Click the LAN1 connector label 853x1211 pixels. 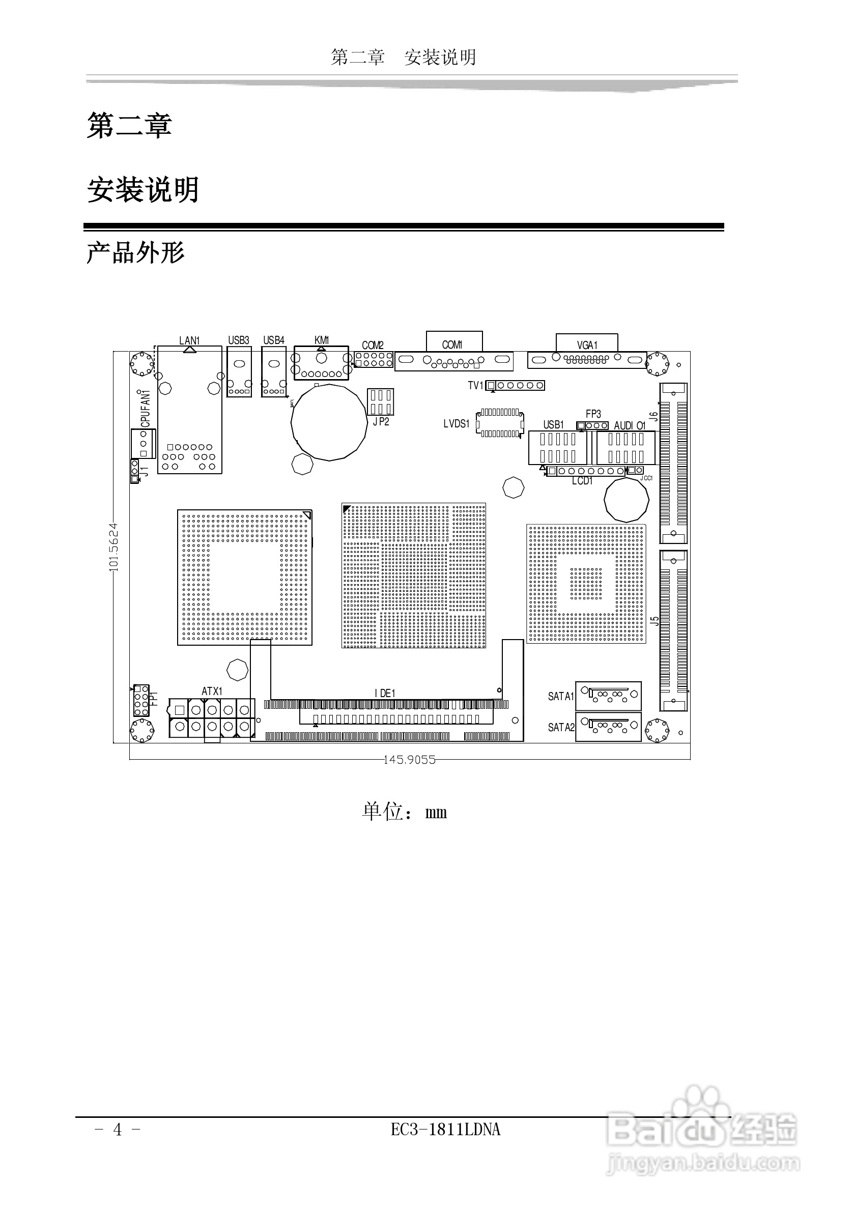coord(189,341)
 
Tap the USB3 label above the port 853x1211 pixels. coord(238,340)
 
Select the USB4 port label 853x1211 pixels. coord(274,340)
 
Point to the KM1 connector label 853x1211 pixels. coord(321,340)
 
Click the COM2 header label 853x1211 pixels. coord(373,345)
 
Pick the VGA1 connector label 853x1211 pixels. coord(587,345)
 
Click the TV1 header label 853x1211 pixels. coord(475,386)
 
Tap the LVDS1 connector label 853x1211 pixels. coord(457,423)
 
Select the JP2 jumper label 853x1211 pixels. coord(380,421)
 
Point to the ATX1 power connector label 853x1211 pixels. coord(212,691)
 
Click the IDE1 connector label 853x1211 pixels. coord(385,693)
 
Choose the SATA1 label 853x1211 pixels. coord(560,696)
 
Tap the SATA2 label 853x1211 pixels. coord(560,727)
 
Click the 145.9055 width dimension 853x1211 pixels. coord(409,760)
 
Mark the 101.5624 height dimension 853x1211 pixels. coord(114,547)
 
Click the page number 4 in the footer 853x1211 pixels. coord(118,1129)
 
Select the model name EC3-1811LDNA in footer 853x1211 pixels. coord(445,1129)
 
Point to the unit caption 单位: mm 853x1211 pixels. coord(405,812)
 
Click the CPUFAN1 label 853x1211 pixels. coord(146,409)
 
